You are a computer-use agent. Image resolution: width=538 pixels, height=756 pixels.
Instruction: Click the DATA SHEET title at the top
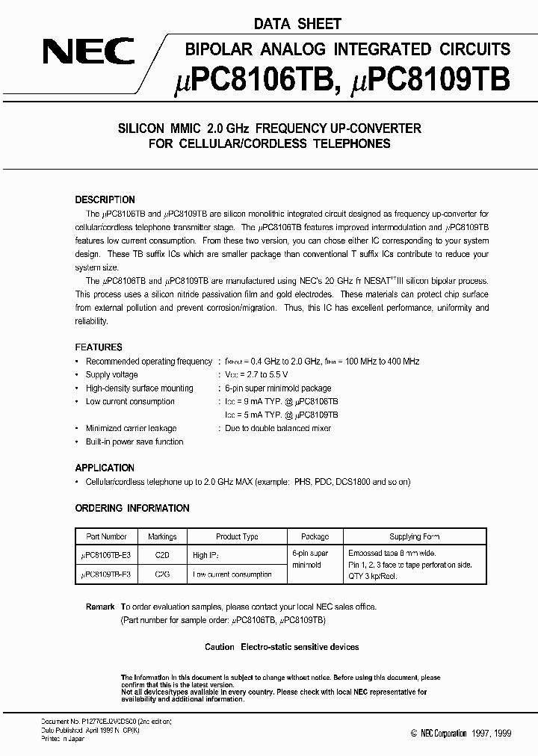tap(297, 24)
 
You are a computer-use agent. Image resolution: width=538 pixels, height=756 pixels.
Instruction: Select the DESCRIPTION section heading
tap(105, 200)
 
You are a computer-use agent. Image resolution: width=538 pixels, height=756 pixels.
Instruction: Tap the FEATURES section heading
tap(99, 347)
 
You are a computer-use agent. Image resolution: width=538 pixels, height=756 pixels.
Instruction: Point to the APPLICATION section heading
tap(105, 468)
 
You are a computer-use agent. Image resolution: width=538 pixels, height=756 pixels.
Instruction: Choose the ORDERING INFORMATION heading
tap(132, 508)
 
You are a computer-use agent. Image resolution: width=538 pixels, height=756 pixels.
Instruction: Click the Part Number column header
tap(107, 536)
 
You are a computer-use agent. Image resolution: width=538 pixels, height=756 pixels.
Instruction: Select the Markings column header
tap(162, 536)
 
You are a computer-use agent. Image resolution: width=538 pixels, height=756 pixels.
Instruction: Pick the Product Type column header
tap(237, 536)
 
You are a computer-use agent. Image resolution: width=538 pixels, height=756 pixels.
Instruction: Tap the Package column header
tap(315, 536)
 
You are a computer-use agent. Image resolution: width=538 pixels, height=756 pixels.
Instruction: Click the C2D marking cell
tap(162, 555)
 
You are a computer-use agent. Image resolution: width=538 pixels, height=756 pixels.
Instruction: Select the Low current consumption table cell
tap(232, 574)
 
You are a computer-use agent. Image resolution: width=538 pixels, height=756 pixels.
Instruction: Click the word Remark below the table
tap(99, 607)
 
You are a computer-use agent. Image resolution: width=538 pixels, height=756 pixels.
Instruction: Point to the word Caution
tap(220, 647)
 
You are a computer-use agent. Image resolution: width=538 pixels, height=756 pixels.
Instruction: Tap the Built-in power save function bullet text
tap(134, 441)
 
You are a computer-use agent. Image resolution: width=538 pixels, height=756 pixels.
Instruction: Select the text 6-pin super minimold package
tap(278, 388)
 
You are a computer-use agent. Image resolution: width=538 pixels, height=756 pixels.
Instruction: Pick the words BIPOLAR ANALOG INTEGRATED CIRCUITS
tap(347, 49)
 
